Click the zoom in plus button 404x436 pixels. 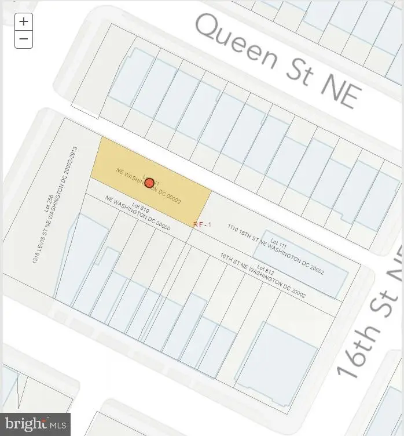pyautogui.click(x=23, y=22)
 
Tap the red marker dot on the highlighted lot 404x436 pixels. pyautogui.click(x=149, y=183)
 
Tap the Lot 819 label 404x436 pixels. pyautogui.click(x=141, y=207)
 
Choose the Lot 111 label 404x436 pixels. pyautogui.click(x=279, y=244)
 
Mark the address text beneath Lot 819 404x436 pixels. pyautogui.click(x=138, y=214)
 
